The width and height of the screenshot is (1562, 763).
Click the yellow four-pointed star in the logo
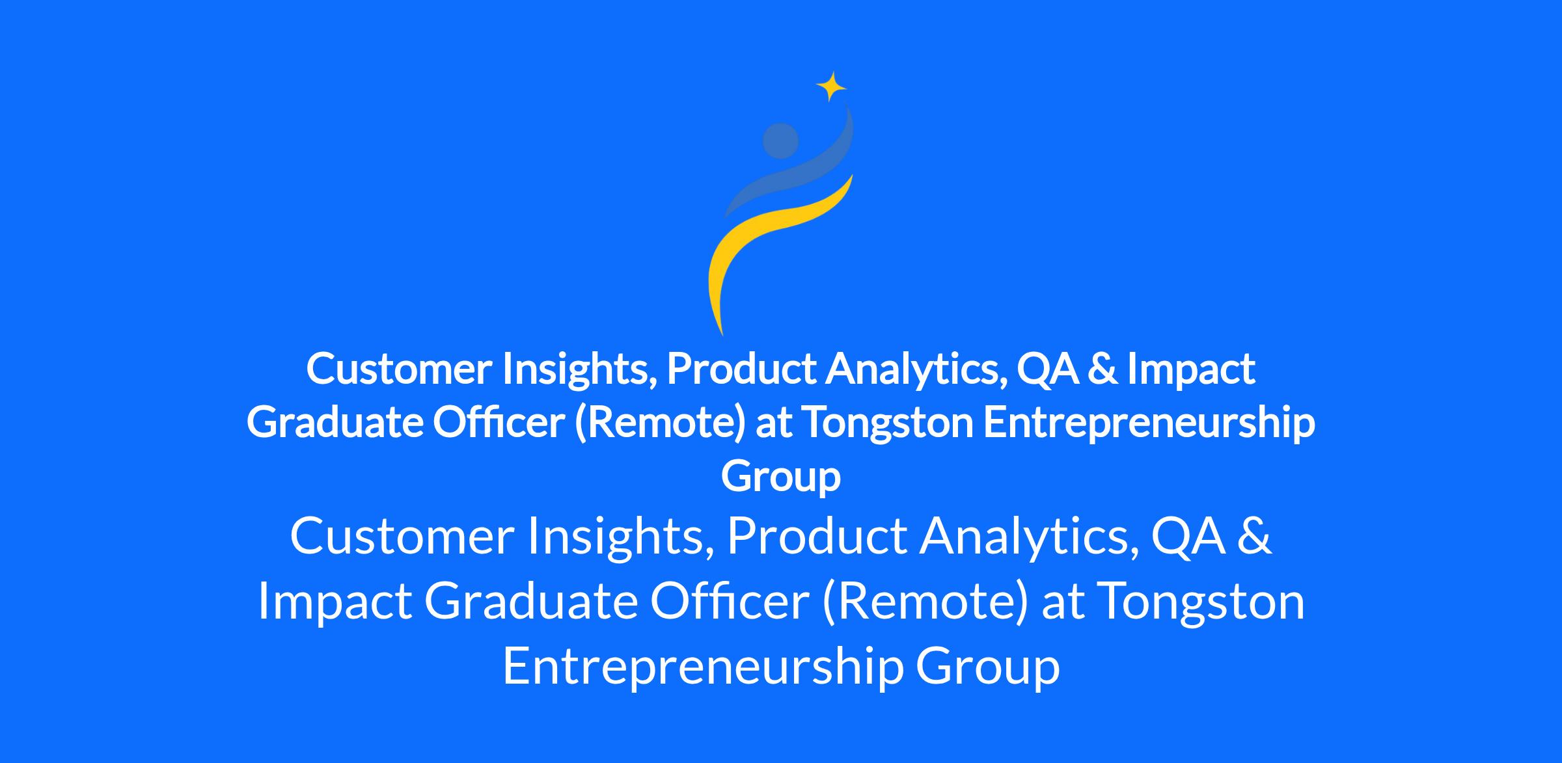click(x=831, y=87)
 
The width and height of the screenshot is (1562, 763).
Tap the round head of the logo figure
click(x=780, y=141)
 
